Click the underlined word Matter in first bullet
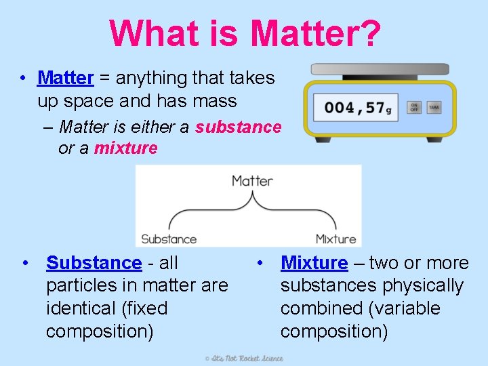(x=65, y=79)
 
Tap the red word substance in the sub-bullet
(x=238, y=127)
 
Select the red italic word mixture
(x=125, y=148)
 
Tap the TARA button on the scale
(x=434, y=108)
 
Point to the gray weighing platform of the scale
(x=380, y=69)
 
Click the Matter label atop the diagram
(x=252, y=181)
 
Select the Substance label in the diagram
(x=169, y=239)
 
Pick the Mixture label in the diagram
(x=335, y=239)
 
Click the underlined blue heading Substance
(x=94, y=263)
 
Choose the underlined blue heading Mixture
(x=314, y=263)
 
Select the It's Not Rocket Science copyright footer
(x=244, y=358)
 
